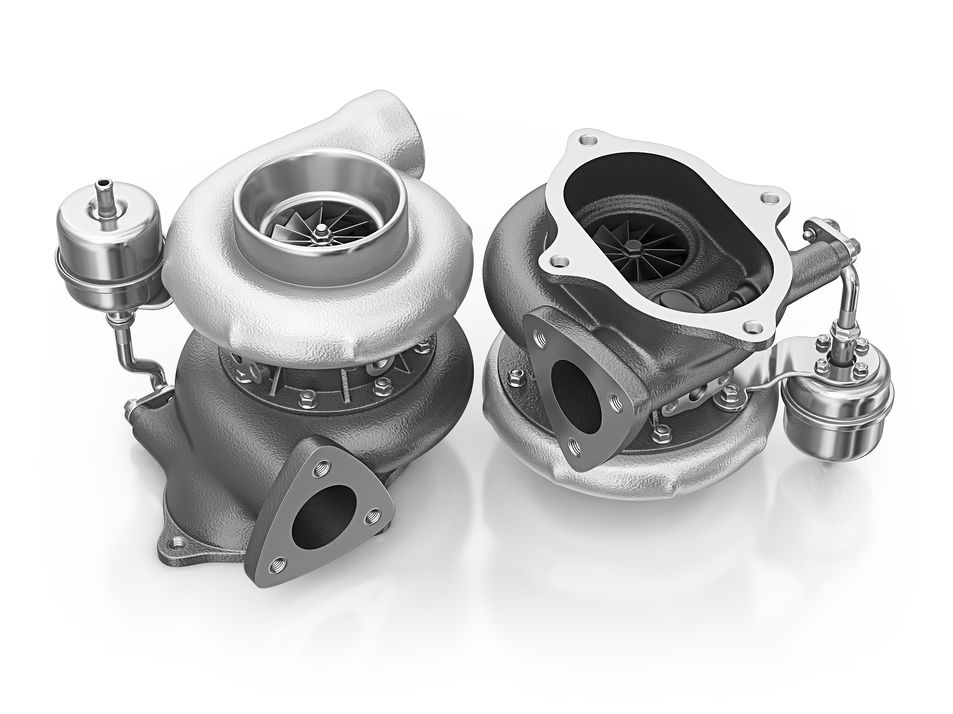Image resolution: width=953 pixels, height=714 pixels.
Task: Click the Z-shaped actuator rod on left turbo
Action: [x=140, y=358]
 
